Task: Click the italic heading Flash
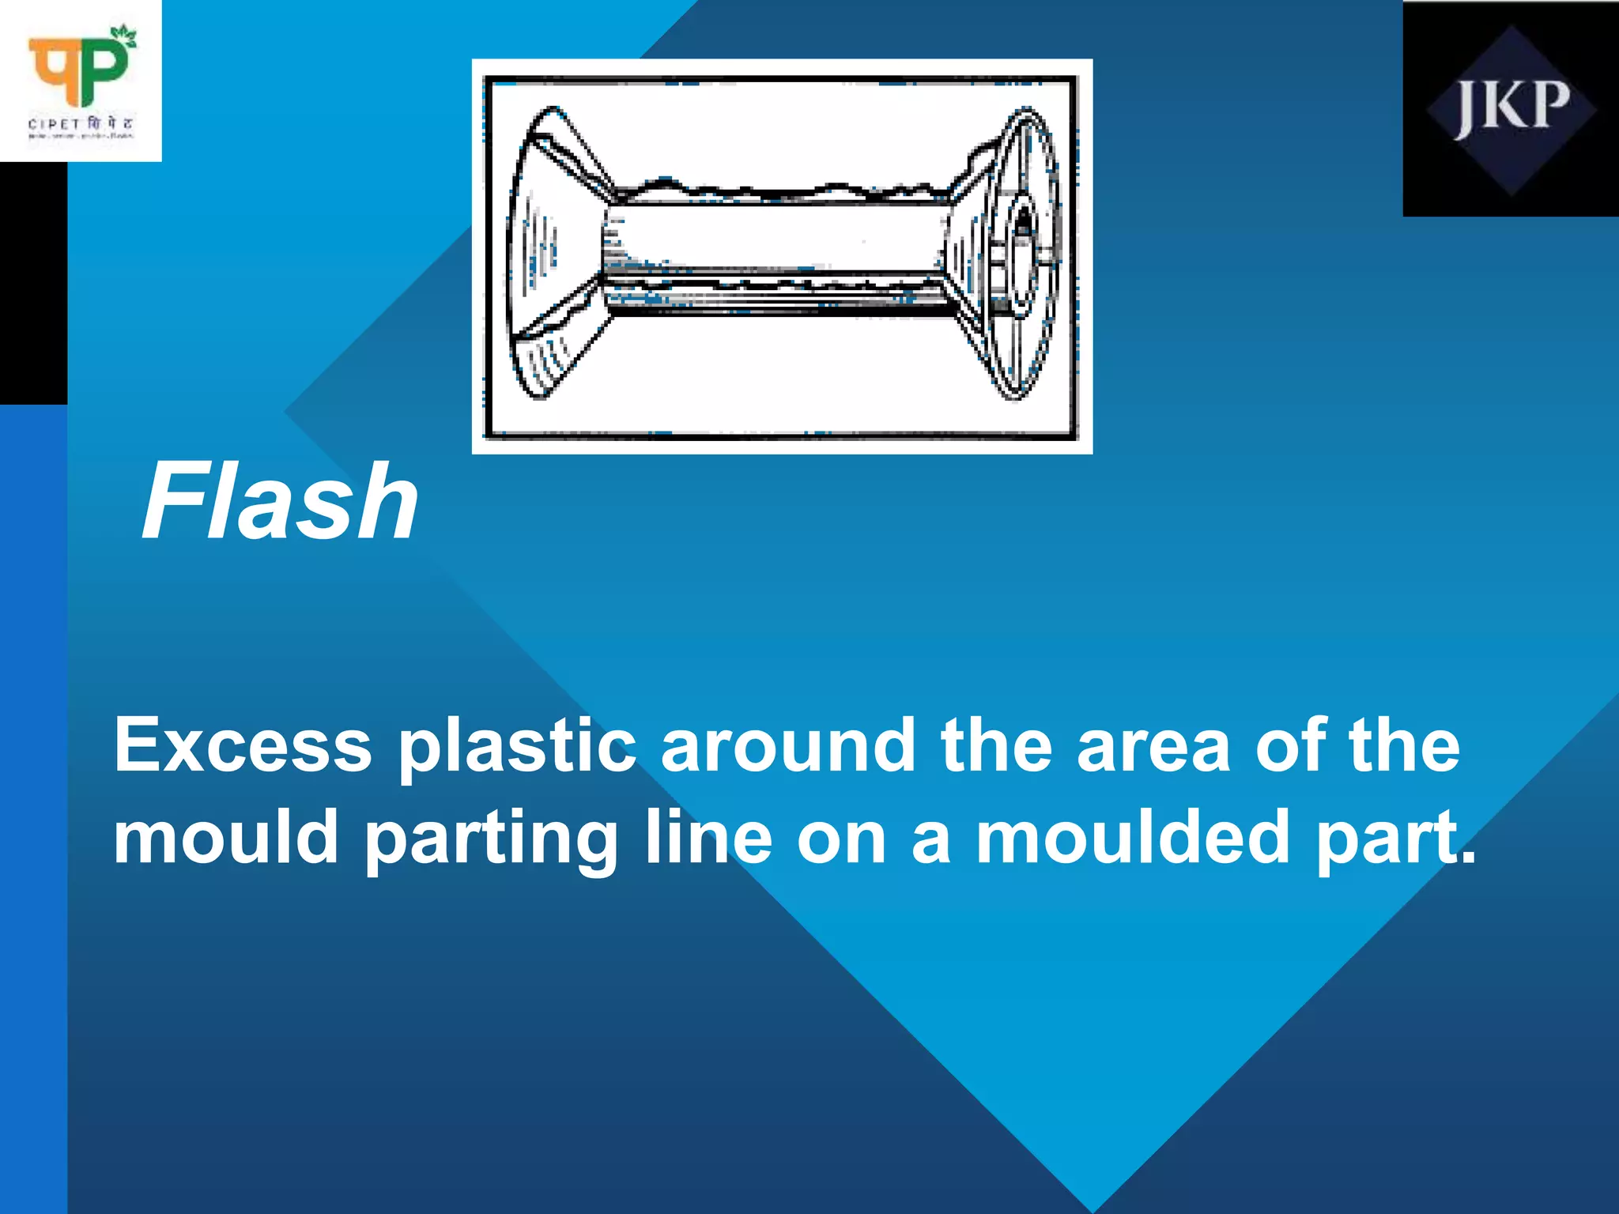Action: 280,502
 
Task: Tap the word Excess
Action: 243,745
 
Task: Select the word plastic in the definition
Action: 517,747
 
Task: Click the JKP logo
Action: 1511,109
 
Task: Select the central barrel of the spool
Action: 779,237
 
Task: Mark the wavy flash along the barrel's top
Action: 779,190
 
